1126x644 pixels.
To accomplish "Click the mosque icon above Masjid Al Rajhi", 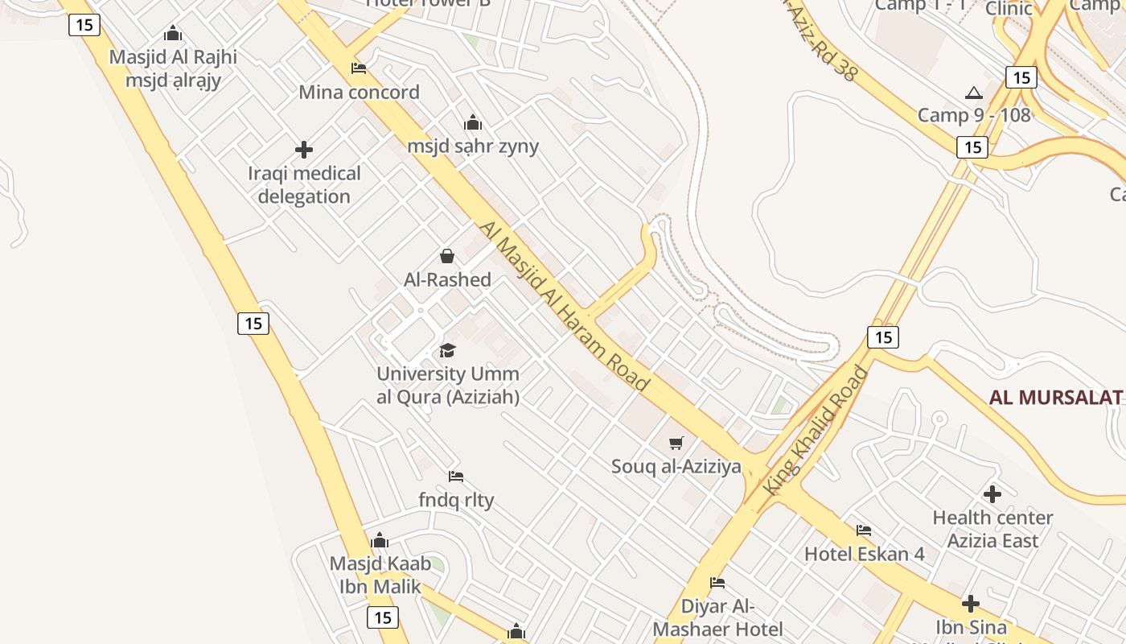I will click(x=173, y=34).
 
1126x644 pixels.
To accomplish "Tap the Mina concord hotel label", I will click(x=359, y=92).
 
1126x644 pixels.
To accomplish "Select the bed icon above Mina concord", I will click(x=359, y=68).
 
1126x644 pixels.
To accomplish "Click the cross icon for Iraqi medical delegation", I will click(x=304, y=149).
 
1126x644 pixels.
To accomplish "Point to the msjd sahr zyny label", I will click(x=473, y=146).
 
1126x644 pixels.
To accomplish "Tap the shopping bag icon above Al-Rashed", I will click(x=447, y=256).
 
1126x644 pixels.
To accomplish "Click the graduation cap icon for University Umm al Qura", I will click(x=447, y=350).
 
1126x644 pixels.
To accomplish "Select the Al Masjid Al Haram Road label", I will click(x=563, y=306).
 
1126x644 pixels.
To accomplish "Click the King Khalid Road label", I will click(x=817, y=431).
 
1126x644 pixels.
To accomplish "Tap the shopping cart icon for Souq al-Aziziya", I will click(x=676, y=442).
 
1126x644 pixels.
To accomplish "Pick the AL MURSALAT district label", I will click(x=1055, y=397).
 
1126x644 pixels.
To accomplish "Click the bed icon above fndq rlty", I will click(x=456, y=476).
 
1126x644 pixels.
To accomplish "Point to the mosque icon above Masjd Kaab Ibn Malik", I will click(x=380, y=540).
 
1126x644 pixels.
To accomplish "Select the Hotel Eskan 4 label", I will click(x=865, y=554).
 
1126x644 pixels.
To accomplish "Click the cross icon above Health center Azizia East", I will click(x=992, y=493).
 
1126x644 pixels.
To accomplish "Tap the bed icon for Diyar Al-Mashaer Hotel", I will click(x=717, y=582).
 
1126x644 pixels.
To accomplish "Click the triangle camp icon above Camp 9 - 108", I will click(x=974, y=93).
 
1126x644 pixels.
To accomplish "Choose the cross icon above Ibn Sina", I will click(x=971, y=603).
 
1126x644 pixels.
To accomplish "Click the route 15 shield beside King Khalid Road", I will click(x=883, y=336).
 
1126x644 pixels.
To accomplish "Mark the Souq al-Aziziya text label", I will click(x=676, y=466).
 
